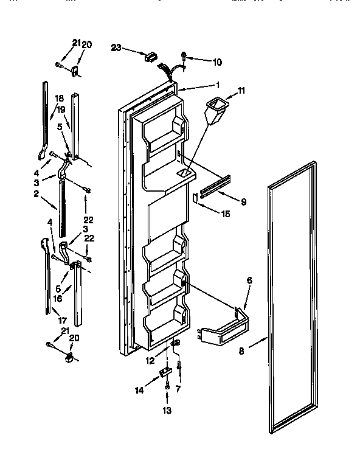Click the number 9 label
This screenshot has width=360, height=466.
point(243,201)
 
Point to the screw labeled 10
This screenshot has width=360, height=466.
point(184,58)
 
